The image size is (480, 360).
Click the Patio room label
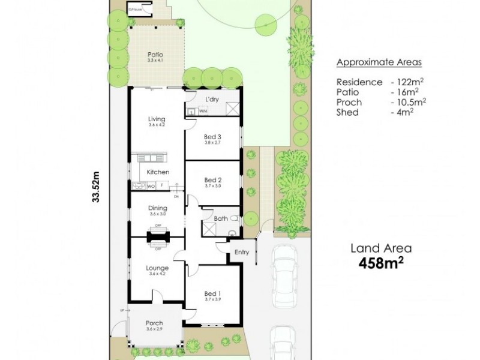click(155, 55)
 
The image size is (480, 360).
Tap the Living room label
click(157, 119)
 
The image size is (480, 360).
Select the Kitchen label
click(158, 172)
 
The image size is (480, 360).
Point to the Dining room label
click(157, 208)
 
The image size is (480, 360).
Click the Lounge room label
click(157, 268)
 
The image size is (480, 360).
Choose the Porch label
click(154, 323)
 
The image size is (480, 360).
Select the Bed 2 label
click(213, 180)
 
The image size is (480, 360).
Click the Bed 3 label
click(213, 137)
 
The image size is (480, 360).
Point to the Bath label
click(220, 218)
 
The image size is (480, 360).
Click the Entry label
click(241, 252)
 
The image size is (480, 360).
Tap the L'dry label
click(211, 99)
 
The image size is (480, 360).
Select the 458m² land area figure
click(381, 262)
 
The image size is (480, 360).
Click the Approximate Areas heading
click(379, 62)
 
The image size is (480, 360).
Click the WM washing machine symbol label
click(203, 111)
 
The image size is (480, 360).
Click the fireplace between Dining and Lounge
click(158, 237)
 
